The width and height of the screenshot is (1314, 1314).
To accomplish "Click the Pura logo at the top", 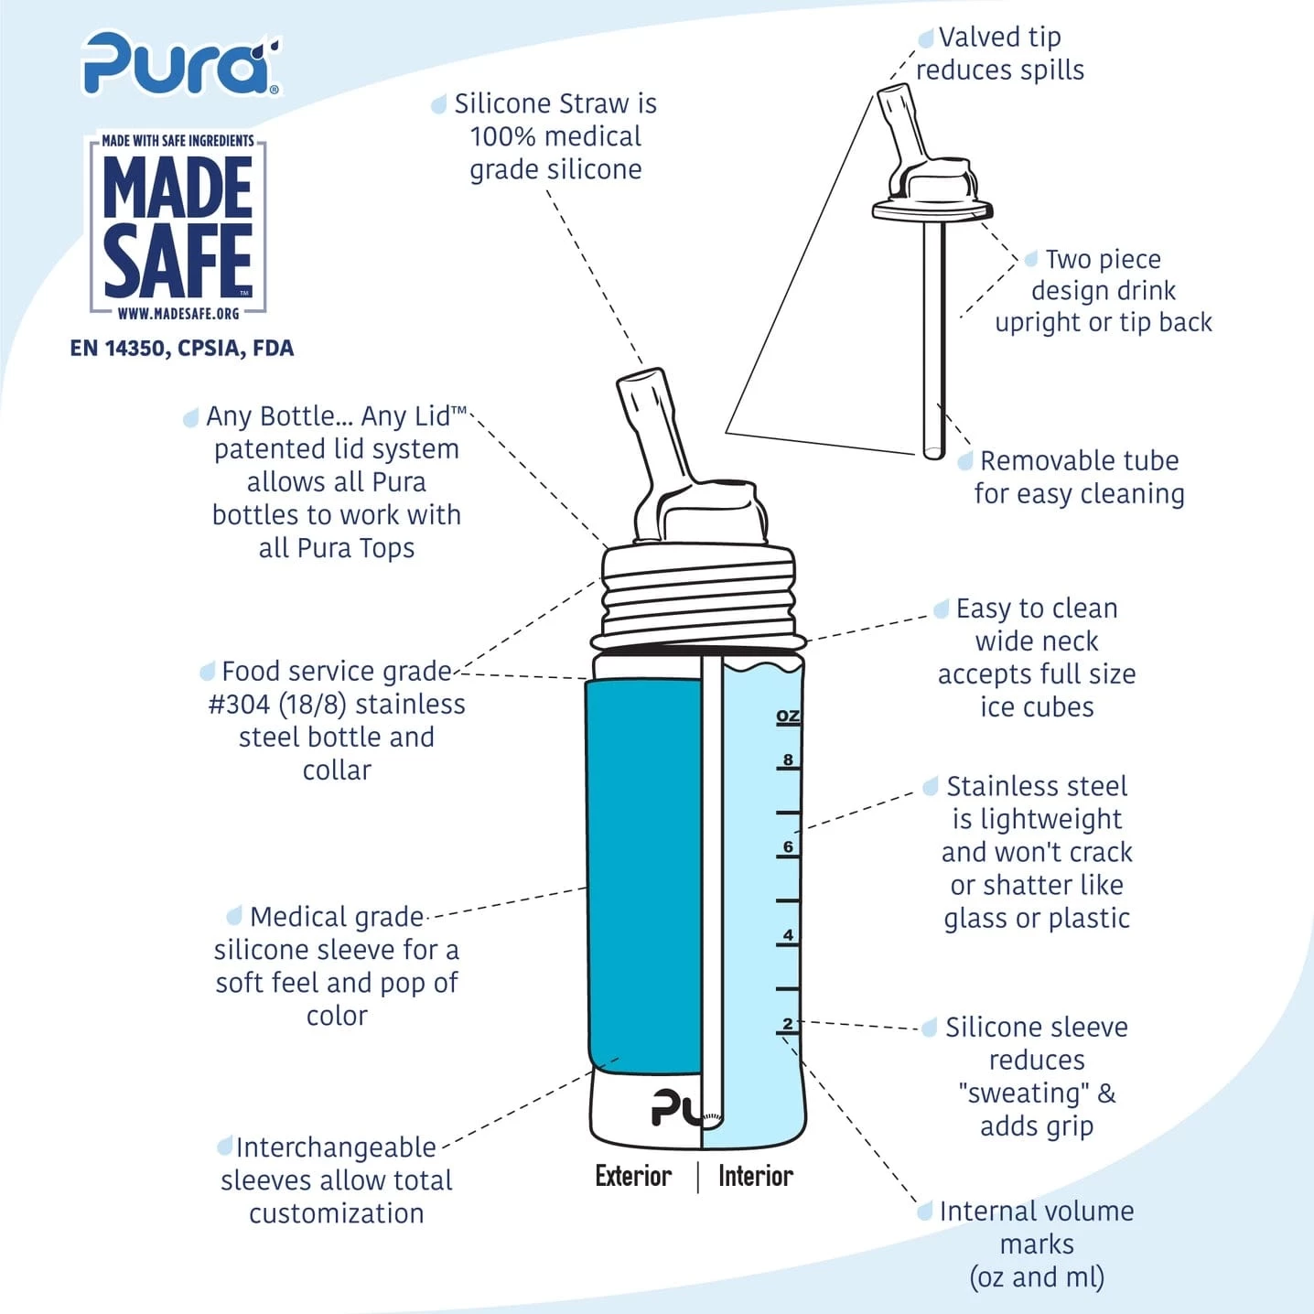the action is tap(181, 63).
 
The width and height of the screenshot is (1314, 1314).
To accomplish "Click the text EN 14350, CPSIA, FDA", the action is tap(182, 349).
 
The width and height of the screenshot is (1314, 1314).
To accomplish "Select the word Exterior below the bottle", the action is tap(633, 1176).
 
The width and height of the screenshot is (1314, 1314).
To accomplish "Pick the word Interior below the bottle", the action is tap(756, 1176).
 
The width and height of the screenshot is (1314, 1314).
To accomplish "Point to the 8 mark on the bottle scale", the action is tap(788, 759).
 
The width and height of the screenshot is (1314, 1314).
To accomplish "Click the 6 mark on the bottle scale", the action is tap(788, 847).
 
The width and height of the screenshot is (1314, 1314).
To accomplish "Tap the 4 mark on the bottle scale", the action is tap(788, 935).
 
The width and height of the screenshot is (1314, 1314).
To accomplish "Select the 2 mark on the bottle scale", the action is tap(788, 1023).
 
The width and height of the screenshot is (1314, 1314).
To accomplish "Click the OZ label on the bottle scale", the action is tap(788, 716).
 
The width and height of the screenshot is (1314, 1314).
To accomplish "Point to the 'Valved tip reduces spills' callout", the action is tap(1000, 54).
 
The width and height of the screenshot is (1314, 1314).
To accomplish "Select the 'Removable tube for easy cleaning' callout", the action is tap(1079, 478).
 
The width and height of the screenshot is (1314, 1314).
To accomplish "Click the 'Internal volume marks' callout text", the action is tap(1037, 1244).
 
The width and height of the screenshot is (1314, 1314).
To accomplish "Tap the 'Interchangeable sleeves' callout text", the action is tap(336, 1180).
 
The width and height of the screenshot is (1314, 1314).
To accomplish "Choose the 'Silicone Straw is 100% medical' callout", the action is tap(555, 136).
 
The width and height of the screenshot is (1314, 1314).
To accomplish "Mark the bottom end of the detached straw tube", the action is tap(933, 456).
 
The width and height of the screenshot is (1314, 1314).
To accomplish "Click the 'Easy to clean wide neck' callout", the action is tap(1037, 657).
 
